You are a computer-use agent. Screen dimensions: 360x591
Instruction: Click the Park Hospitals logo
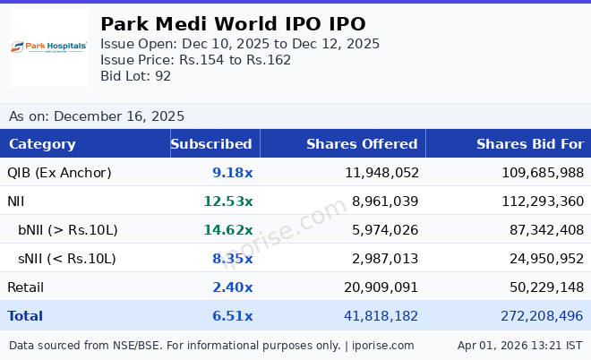coord(49,47)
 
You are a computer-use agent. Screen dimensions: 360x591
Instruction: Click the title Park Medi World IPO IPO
coord(233,24)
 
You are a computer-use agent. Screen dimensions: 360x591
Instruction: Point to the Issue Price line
coord(195,60)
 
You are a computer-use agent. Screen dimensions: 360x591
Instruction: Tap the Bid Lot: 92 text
coord(135,76)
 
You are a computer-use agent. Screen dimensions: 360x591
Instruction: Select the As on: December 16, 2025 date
coord(97,116)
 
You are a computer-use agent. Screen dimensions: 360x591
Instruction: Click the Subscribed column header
coord(211,144)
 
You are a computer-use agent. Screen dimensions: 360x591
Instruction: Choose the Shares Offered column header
coord(362,144)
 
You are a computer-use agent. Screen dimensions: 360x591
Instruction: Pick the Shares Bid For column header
coord(529,144)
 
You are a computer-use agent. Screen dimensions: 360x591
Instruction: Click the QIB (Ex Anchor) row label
coord(59,173)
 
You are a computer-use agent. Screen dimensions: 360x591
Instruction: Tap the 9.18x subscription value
coord(232,173)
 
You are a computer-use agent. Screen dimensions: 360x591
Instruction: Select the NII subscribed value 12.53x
coord(227,201)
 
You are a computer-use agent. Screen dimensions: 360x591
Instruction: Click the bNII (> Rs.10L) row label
coord(68,230)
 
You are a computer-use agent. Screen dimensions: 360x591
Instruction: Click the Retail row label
coord(25,287)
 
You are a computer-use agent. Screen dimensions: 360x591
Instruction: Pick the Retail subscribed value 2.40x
coord(232,287)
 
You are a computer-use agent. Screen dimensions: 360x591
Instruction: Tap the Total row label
coord(25,316)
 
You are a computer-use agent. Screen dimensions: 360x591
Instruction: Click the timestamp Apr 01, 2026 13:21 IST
coord(519,345)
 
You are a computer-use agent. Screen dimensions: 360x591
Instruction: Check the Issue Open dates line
coord(240,44)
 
